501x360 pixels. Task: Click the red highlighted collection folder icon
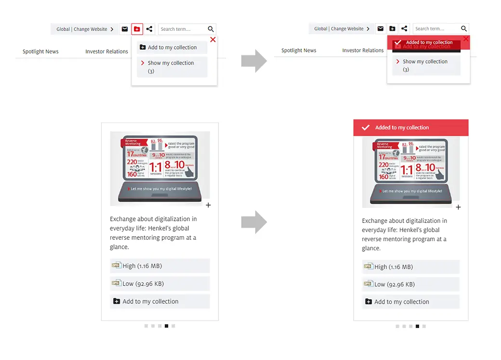137,29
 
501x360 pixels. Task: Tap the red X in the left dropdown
213,40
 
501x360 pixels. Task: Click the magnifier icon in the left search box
211,29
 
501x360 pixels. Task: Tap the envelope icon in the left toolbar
125,29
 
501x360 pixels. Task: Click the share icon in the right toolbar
405,29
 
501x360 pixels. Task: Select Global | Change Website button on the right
342,29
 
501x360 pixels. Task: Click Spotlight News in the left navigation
40,51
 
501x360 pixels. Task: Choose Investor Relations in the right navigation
363,51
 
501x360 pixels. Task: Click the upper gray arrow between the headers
254,61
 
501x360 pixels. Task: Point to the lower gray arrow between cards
254,222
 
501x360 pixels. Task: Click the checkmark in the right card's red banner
366,128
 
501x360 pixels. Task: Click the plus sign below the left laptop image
208,206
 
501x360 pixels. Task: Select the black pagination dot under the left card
166,326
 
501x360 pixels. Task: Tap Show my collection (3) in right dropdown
425,65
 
